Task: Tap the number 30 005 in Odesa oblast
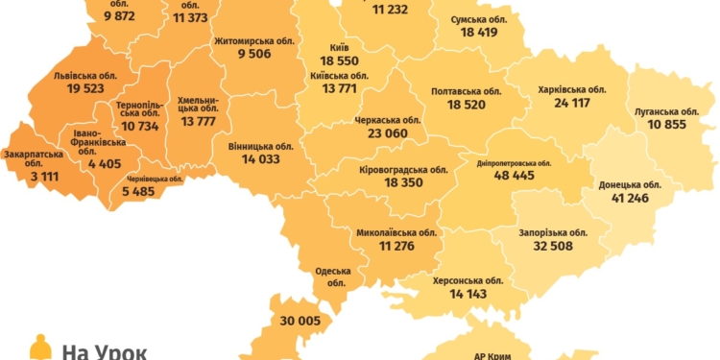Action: [x=301, y=323]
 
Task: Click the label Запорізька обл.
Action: [x=552, y=232]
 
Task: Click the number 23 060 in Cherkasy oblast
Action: [x=388, y=134]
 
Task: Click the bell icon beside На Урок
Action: [x=39, y=348]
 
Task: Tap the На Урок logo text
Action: [x=104, y=350]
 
